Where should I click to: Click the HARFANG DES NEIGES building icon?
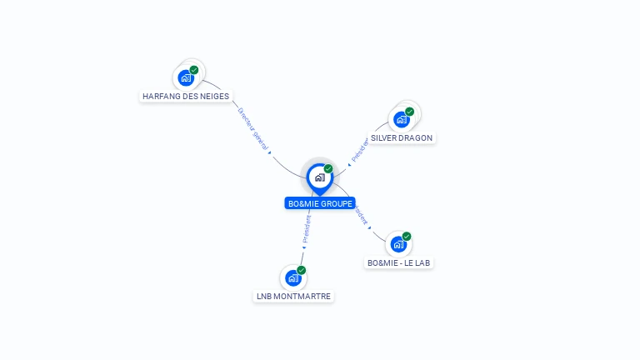click(187, 77)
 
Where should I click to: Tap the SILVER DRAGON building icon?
click(402, 118)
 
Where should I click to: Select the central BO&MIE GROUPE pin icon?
click(319, 177)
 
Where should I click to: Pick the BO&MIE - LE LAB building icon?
click(398, 244)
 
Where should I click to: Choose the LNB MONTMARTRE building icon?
click(292, 278)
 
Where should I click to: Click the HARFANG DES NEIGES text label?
click(186, 96)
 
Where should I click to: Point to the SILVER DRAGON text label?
click(402, 137)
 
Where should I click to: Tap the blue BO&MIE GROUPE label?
click(320, 203)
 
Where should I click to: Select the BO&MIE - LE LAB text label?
click(400, 262)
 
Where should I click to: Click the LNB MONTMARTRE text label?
click(293, 296)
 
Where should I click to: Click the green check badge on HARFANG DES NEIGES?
click(194, 70)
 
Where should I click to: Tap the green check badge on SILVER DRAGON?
click(410, 111)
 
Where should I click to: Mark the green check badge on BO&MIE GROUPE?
click(328, 168)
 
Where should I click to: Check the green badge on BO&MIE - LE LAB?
click(407, 236)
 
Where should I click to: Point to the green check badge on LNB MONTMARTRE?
click(302, 270)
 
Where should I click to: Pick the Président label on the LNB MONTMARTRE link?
click(307, 230)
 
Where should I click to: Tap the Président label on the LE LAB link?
click(361, 216)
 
